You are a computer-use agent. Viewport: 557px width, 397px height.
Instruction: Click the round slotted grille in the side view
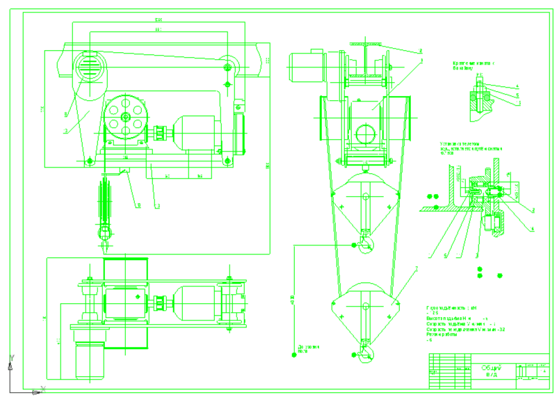(88, 67)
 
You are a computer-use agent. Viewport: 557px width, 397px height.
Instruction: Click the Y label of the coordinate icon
(10, 358)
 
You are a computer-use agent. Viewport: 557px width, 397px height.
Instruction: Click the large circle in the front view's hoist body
(364, 132)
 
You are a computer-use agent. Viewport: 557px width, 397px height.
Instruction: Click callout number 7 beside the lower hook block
(416, 268)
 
